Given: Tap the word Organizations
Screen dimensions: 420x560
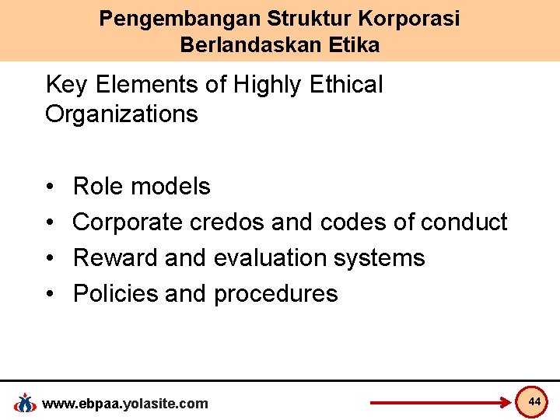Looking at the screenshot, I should coord(121,114).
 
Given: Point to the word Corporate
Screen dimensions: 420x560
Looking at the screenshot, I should coord(128,222).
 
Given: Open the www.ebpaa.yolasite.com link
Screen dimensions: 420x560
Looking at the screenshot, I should coord(124,403).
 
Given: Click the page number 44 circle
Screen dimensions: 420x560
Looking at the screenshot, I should coord(534,401).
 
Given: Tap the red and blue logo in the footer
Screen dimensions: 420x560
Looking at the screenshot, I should coord(25,403).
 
